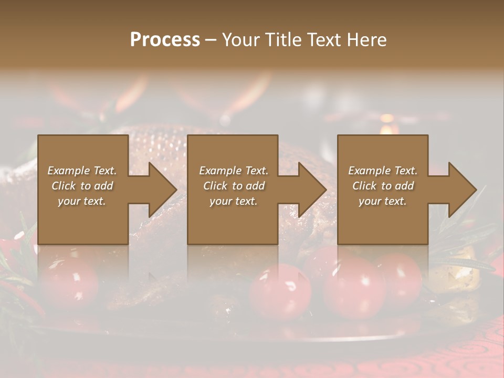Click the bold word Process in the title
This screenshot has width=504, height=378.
(165, 40)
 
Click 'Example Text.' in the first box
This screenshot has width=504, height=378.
(82, 171)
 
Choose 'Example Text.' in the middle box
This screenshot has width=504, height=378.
(233, 171)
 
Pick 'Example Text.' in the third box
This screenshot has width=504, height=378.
(383, 171)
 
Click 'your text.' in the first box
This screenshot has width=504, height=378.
(82, 201)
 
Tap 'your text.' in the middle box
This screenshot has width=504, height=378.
(233, 201)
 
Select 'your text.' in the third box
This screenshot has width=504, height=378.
(383, 201)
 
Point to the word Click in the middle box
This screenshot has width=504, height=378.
(215, 186)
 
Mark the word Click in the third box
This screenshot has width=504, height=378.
(364, 186)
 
